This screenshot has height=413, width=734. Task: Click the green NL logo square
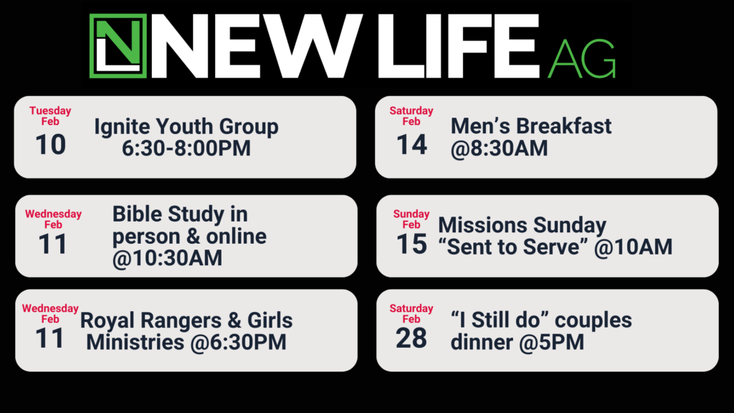coord(118,46)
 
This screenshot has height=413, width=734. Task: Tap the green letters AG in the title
coord(582,58)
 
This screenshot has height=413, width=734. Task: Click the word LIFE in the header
coord(459,46)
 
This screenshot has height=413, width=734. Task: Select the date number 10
coord(51,145)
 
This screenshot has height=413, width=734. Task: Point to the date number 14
coord(411,145)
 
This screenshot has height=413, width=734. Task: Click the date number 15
coord(411,244)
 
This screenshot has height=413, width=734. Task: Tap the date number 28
coord(411,338)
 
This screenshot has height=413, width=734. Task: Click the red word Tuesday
coord(50,111)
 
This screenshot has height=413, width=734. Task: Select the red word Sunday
coord(411,214)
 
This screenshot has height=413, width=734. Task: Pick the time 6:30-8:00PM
coord(186,148)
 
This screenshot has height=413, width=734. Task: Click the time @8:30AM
coord(499,148)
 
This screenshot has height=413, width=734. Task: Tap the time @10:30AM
coord(167,258)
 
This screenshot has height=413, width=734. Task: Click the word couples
coord(593,321)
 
